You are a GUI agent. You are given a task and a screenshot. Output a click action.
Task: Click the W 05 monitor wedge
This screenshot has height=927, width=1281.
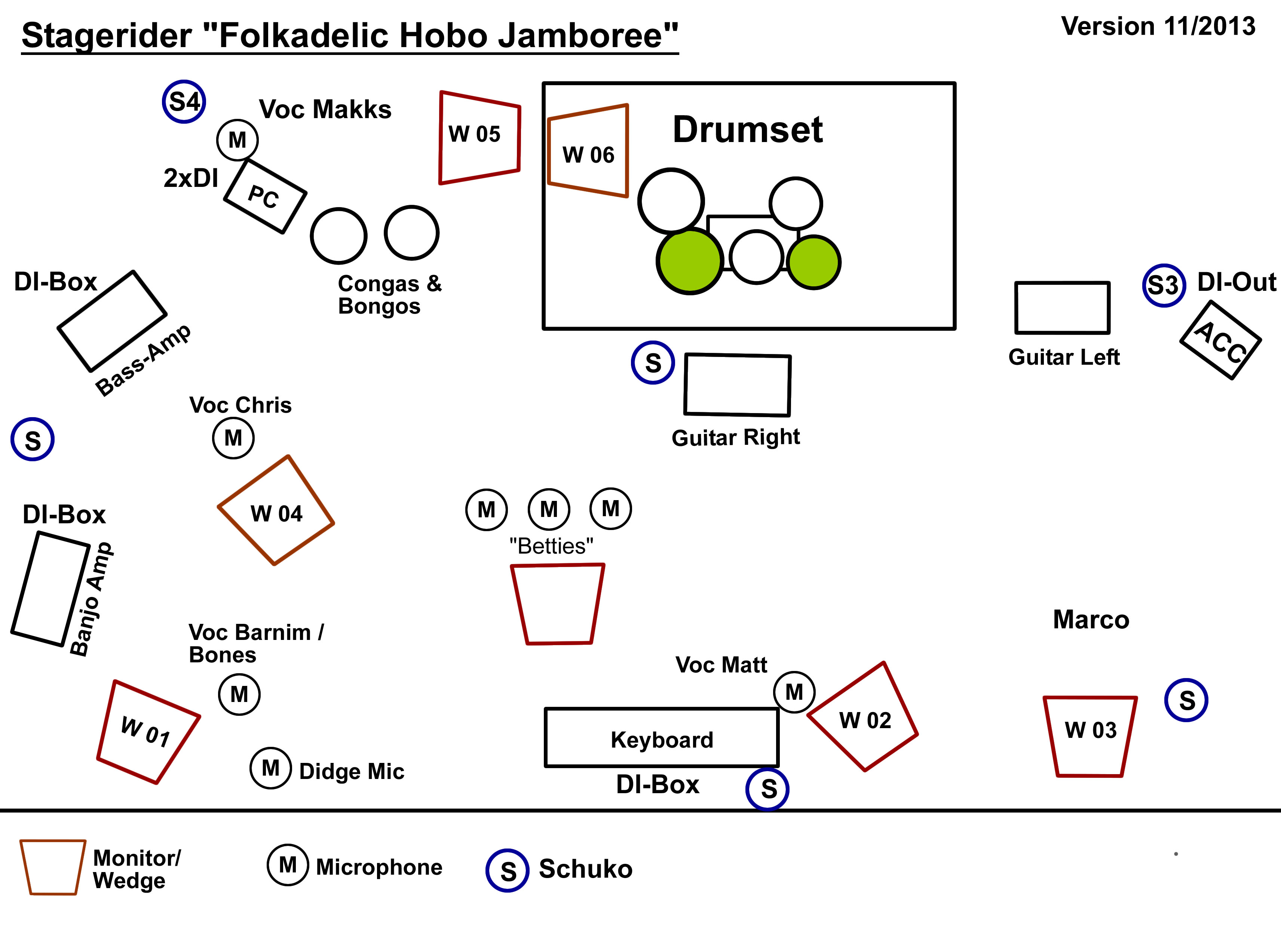(x=479, y=137)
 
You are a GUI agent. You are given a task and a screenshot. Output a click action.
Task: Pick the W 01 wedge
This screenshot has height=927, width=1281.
(x=148, y=732)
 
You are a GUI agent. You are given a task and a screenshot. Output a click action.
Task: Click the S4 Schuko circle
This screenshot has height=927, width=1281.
(x=184, y=102)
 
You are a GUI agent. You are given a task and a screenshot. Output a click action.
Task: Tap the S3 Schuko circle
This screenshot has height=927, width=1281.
(x=1164, y=285)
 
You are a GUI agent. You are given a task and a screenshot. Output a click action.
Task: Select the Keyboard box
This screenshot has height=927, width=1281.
(x=661, y=738)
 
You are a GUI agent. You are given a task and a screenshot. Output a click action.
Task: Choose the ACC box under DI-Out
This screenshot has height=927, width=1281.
(x=1220, y=340)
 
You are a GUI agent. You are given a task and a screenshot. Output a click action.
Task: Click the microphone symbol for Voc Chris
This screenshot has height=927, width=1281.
(x=233, y=438)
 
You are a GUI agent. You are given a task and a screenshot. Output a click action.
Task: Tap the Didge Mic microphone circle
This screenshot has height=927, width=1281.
(x=270, y=767)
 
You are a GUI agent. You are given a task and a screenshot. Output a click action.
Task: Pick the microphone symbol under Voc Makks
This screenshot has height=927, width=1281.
(x=237, y=139)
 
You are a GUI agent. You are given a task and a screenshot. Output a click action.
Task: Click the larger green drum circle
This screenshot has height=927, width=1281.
(x=690, y=261)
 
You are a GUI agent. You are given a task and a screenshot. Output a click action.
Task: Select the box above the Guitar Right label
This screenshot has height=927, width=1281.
(x=737, y=385)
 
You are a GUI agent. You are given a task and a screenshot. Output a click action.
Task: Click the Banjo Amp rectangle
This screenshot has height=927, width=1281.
(x=50, y=588)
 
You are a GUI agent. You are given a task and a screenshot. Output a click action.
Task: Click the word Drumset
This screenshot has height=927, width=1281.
(x=747, y=129)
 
